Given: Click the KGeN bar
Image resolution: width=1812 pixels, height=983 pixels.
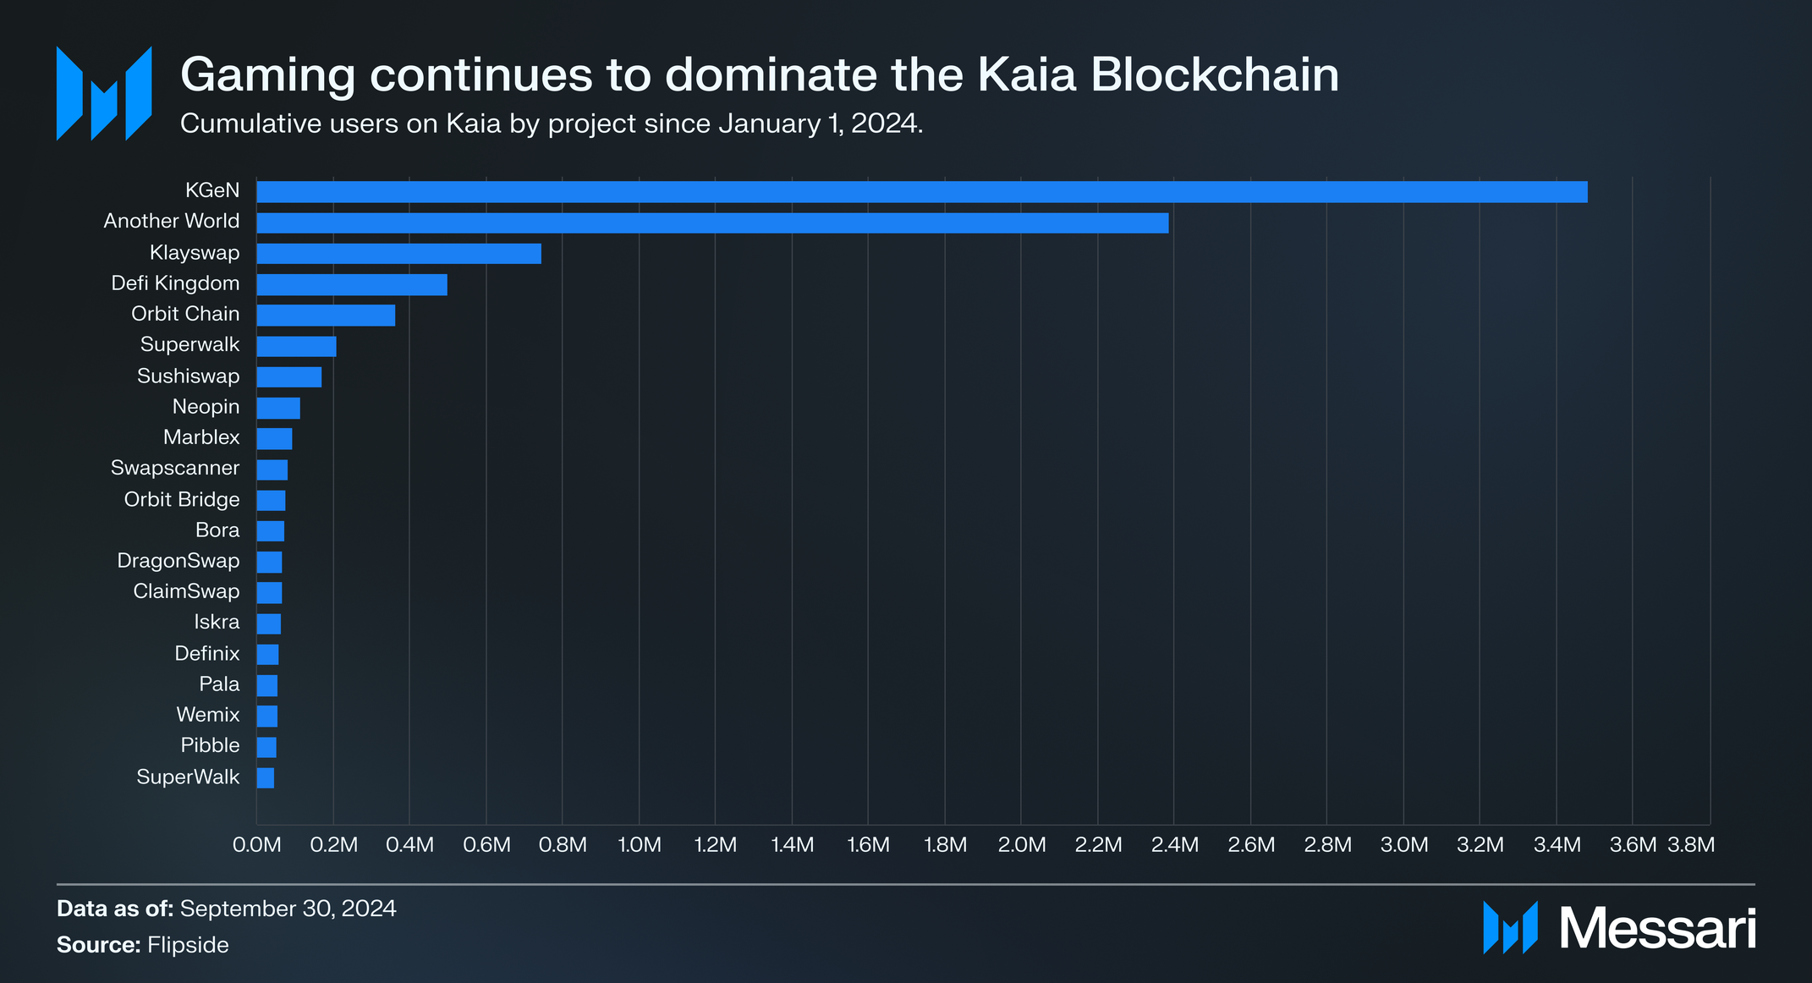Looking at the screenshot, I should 921,192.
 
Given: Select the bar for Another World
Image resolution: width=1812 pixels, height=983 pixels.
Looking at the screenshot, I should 712,222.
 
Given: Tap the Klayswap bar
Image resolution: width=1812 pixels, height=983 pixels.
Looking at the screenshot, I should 398,254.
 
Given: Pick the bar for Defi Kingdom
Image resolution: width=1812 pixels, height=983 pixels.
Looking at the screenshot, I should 351,284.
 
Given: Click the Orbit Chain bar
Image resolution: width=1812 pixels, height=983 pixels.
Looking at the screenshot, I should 326,316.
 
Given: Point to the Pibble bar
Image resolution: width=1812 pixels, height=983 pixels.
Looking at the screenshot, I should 266,747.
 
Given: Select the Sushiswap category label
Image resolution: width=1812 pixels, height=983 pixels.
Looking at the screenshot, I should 188,376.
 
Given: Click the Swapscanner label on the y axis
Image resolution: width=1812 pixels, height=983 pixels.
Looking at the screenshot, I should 175,468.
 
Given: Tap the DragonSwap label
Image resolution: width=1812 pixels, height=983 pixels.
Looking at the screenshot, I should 178,561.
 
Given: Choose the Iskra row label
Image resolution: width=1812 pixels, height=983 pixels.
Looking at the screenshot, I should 217,622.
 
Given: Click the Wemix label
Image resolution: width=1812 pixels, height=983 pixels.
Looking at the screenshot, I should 207,715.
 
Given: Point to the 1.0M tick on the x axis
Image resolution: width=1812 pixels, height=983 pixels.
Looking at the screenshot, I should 639,845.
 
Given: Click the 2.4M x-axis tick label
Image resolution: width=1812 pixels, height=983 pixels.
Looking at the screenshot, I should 1174,845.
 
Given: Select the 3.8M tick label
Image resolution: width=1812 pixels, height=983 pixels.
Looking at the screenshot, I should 1690,845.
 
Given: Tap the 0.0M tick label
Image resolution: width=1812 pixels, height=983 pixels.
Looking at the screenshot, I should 256,845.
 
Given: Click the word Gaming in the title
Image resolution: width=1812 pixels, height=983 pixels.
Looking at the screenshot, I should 267,76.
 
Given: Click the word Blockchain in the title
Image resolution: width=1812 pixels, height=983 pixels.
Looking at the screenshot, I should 1214,74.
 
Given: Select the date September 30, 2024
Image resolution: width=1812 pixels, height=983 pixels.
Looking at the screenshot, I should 288,909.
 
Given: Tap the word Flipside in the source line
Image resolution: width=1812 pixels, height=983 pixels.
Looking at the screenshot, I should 188,945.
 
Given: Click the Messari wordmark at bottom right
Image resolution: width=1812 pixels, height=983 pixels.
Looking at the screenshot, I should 1656,929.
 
